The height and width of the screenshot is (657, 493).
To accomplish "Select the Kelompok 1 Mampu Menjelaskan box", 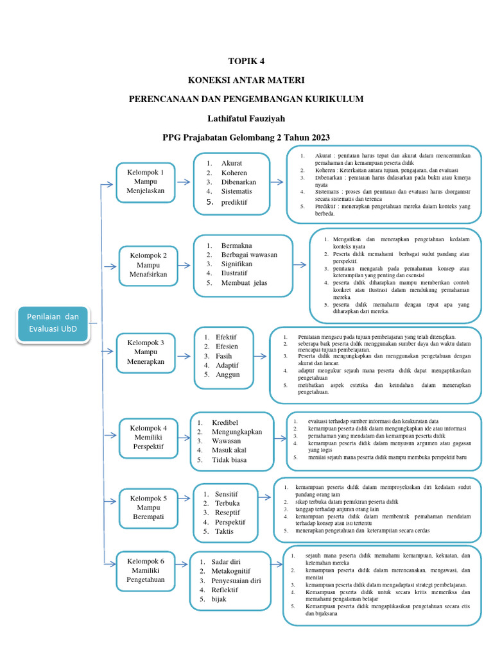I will point(146,182).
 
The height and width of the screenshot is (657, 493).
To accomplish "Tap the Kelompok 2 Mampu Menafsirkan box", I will point(148,264).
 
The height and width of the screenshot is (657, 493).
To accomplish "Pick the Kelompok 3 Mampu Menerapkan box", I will point(145,352).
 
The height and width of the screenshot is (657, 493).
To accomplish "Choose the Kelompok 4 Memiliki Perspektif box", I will point(149,436).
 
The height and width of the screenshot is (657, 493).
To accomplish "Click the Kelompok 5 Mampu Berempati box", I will point(148,508).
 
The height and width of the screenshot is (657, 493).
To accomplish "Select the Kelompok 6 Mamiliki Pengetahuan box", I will point(146,570).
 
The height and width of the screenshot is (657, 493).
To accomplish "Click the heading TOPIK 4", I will point(246,62).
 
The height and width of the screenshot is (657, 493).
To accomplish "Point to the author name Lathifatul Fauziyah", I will point(246,119).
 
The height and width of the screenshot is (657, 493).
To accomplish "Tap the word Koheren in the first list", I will point(234,173).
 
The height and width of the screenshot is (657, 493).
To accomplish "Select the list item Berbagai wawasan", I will point(249,255).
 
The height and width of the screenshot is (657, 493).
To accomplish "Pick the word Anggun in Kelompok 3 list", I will point(228,374).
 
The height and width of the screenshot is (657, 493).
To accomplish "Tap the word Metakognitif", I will point(230,571).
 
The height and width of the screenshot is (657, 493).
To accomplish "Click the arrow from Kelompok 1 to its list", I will point(184,182).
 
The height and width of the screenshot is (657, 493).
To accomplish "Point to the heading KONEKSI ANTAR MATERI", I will point(246,80).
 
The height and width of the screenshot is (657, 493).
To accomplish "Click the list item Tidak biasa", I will point(229,460).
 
